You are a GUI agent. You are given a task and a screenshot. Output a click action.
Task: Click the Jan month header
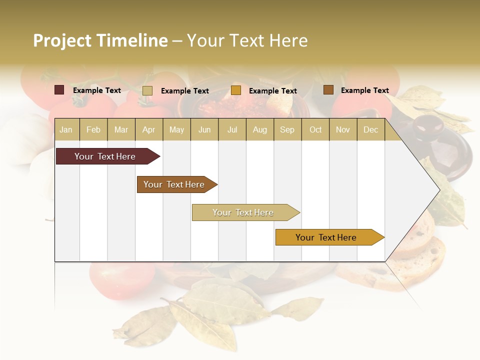[x=66, y=129]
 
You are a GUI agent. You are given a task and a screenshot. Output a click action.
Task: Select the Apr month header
[x=148, y=129]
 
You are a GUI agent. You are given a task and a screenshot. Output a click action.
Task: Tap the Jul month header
[x=232, y=129]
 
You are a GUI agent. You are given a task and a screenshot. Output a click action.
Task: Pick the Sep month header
[x=287, y=129]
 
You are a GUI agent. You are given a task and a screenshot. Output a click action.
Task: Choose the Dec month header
[x=370, y=129]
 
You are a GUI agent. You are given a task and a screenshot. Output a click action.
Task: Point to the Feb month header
[x=93, y=129]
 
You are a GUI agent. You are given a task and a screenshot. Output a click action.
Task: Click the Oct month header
[x=315, y=129]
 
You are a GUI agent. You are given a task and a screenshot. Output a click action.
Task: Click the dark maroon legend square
[x=59, y=90]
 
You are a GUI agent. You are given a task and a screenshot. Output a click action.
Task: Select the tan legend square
[x=147, y=90]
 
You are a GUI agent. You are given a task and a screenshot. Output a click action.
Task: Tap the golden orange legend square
[x=236, y=90]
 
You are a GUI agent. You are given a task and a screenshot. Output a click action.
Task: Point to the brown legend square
[x=328, y=90]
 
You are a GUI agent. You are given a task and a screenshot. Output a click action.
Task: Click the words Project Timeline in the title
[x=100, y=40]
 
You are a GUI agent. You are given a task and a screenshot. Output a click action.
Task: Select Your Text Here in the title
[x=247, y=40]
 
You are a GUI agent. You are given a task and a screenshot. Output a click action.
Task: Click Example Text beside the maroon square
[x=97, y=90]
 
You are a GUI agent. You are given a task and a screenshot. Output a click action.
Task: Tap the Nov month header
[x=342, y=129]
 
